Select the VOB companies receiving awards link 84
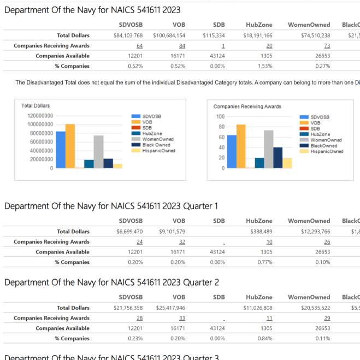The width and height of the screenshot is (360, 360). click(x=182, y=46)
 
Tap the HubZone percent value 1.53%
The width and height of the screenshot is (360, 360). click(x=265, y=66)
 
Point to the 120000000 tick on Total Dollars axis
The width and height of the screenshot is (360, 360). click(x=40, y=116)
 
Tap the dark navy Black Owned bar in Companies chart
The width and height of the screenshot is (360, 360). click(x=278, y=157)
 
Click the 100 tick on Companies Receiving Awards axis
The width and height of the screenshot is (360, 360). click(x=221, y=116)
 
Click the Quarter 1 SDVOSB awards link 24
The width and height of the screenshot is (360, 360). click(x=139, y=241)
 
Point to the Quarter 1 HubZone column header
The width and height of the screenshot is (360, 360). click(x=259, y=221)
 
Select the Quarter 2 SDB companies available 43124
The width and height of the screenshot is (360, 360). click(x=219, y=328)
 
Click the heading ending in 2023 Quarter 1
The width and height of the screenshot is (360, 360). click(x=111, y=206)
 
